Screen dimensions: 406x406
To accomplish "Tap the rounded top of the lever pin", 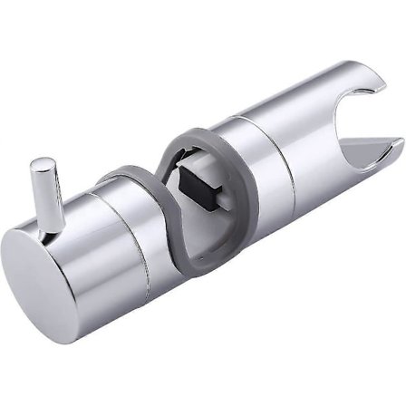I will click(x=39, y=165).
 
